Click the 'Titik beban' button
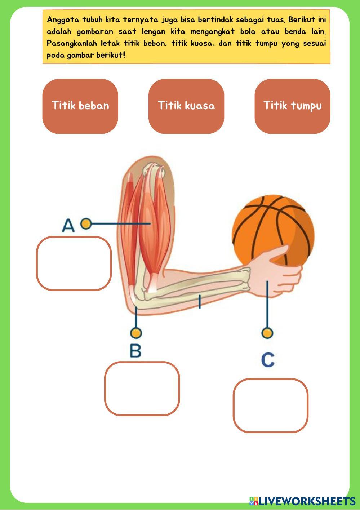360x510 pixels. pos(80,106)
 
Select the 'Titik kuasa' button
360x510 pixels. pos(186,106)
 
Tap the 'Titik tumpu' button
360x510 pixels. pos(292,106)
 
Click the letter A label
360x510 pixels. pos(68,226)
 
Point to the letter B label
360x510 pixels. pos(135,351)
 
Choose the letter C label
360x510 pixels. pos(268,360)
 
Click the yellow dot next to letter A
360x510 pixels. pos(86,224)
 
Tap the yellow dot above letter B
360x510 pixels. pos(136,333)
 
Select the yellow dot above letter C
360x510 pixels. pos(267,333)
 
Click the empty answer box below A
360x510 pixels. pos(74,263)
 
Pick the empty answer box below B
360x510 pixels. pos(142,389)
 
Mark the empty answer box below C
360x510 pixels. pos(270,405)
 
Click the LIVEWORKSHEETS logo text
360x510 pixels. pos(307,501)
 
